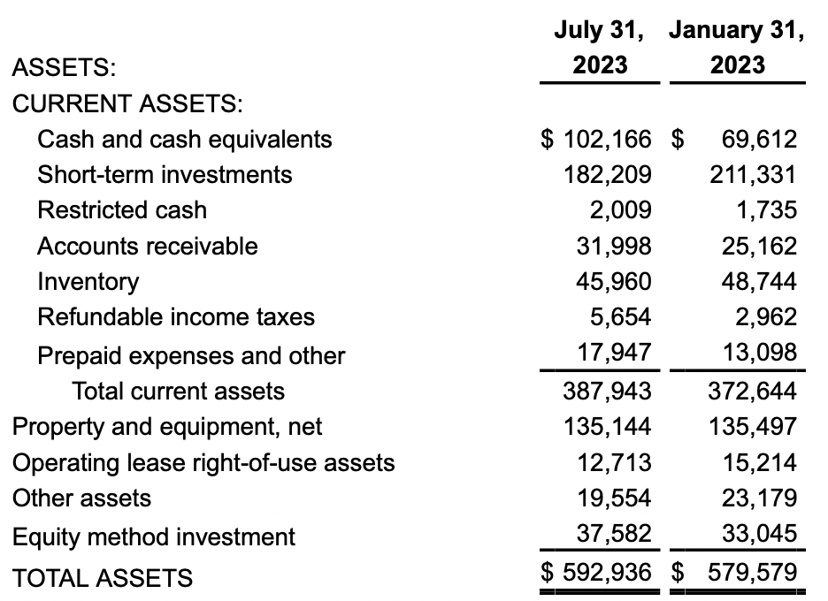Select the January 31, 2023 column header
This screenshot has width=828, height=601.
737,48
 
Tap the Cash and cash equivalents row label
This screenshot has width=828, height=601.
184,139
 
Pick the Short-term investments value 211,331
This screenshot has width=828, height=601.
753,175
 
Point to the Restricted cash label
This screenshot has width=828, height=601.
121,210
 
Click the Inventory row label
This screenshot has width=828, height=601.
88,282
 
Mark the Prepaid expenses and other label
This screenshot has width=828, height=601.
190,355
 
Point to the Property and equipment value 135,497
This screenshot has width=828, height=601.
753,427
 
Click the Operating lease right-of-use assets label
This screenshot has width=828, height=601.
203,462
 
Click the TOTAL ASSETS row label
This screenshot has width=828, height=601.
102,578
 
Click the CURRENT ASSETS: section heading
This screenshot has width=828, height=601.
127,103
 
